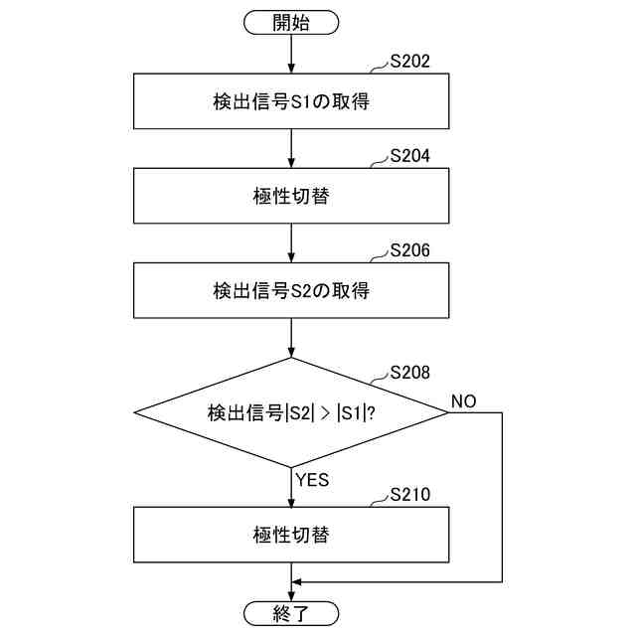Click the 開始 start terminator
click(291, 23)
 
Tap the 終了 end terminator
click(291, 612)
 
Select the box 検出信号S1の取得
click(291, 102)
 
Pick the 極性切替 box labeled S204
click(291, 197)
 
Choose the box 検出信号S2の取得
click(291, 291)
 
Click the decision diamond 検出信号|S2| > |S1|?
click(291, 412)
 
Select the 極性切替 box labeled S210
click(291, 534)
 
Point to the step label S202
click(409, 63)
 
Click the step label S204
click(409, 157)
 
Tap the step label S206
click(409, 251)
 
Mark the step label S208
click(409, 374)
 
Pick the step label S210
click(409, 494)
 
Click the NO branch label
click(463, 400)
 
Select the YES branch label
click(312, 480)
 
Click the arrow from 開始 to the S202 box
click(291, 55)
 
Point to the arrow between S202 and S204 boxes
click(291, 149)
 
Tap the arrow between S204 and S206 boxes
click(291, 243)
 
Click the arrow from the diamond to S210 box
click(291, 487)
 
